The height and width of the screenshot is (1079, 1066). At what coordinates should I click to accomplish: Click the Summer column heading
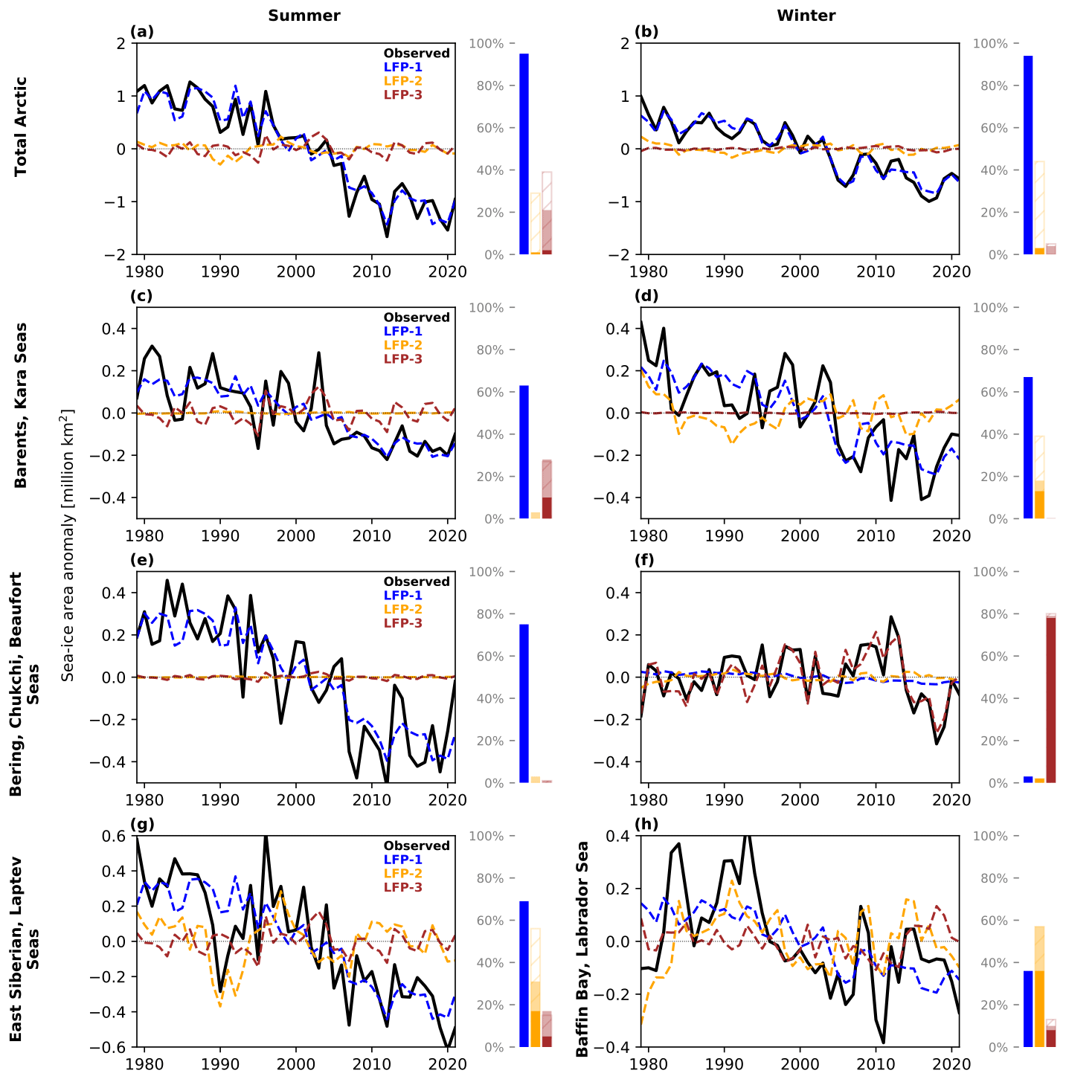coord(294,16)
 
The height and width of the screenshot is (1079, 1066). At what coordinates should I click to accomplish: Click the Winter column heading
coord(806,16)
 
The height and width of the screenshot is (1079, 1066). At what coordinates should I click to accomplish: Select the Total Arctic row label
coord(21,126)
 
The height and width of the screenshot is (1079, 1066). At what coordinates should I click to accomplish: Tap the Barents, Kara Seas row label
coord(21,405)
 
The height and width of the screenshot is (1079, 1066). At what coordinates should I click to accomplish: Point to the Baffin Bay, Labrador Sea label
coord(583,949)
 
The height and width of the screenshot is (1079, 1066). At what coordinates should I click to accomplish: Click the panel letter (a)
coord(141,31)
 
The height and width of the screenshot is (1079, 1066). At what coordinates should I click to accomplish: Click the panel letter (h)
coord(646,824)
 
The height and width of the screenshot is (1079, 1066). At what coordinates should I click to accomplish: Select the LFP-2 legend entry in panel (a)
coord(403,81)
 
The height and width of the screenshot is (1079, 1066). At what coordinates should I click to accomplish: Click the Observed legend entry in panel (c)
coord(417,318)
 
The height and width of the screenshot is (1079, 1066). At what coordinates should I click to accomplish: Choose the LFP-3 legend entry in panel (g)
coord(403,887)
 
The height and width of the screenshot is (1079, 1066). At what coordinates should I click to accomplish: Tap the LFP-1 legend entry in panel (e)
coord(403,596)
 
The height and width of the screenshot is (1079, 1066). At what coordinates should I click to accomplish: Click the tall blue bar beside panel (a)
coord(524,154)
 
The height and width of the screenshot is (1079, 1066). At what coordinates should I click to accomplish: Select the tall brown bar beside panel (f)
coord(1051,700)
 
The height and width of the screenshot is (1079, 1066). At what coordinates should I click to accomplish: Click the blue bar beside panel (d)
coord(1029,448)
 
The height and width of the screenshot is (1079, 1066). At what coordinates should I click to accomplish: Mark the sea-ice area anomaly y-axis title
coord(68,544)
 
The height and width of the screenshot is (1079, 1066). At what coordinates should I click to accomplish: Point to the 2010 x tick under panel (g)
coord(371,1063)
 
